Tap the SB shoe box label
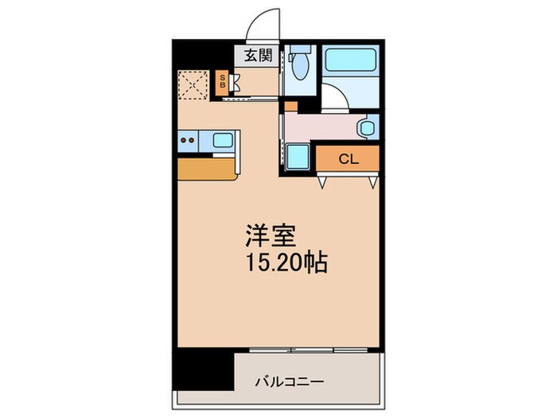coord(223,80)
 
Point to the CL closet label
coord(348,158)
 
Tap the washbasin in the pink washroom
coord(368,127)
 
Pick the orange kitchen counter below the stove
coord(207,168)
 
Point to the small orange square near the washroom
coord(290,106)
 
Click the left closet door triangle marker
coord(321,182)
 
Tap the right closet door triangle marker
coord(372,182)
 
